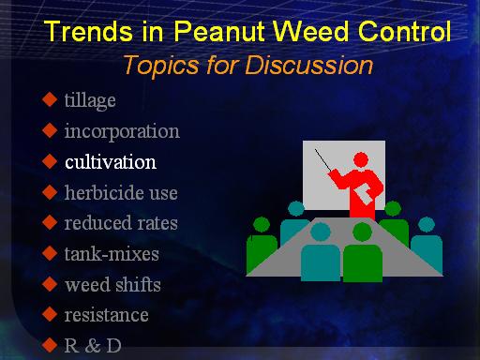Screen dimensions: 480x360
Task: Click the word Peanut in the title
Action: pos(219,31)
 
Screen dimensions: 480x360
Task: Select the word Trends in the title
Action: pos(88,31)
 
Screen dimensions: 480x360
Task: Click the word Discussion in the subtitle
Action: pos(308,65)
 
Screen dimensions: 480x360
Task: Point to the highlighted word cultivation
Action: pos(111,162)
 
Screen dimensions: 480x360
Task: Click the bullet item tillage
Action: pos(90,100)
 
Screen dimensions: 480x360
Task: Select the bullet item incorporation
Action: pos(122,131)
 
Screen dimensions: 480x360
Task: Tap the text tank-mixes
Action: pos(112,254)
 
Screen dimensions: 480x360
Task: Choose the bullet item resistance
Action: pos(106,315)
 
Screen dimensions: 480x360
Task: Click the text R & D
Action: pos(93,346)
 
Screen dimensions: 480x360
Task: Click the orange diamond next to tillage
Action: pos(50,99)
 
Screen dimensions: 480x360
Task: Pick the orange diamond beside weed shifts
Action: pos(50,284)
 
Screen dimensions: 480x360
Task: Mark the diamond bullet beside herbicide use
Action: pos(50,191)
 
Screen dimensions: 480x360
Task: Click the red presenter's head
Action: pos(361,160)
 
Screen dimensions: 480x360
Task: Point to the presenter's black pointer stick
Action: pos(322,159)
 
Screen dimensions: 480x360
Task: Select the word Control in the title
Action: pos(404,31)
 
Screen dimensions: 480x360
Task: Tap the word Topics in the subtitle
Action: pos(161,66)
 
